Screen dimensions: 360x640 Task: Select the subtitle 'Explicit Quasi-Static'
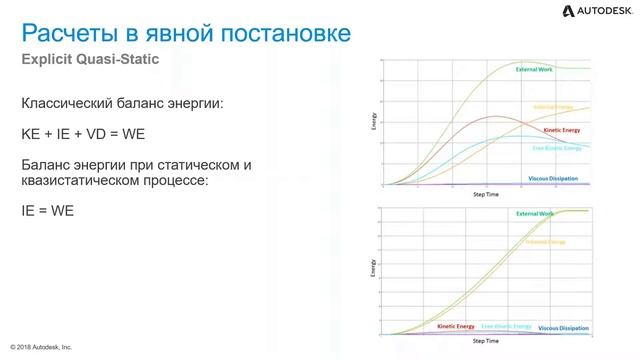(92, 61)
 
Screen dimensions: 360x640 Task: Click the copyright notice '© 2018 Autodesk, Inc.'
(41, 347)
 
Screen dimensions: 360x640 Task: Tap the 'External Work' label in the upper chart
(536, 70)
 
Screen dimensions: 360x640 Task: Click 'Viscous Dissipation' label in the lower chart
(563, 327)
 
